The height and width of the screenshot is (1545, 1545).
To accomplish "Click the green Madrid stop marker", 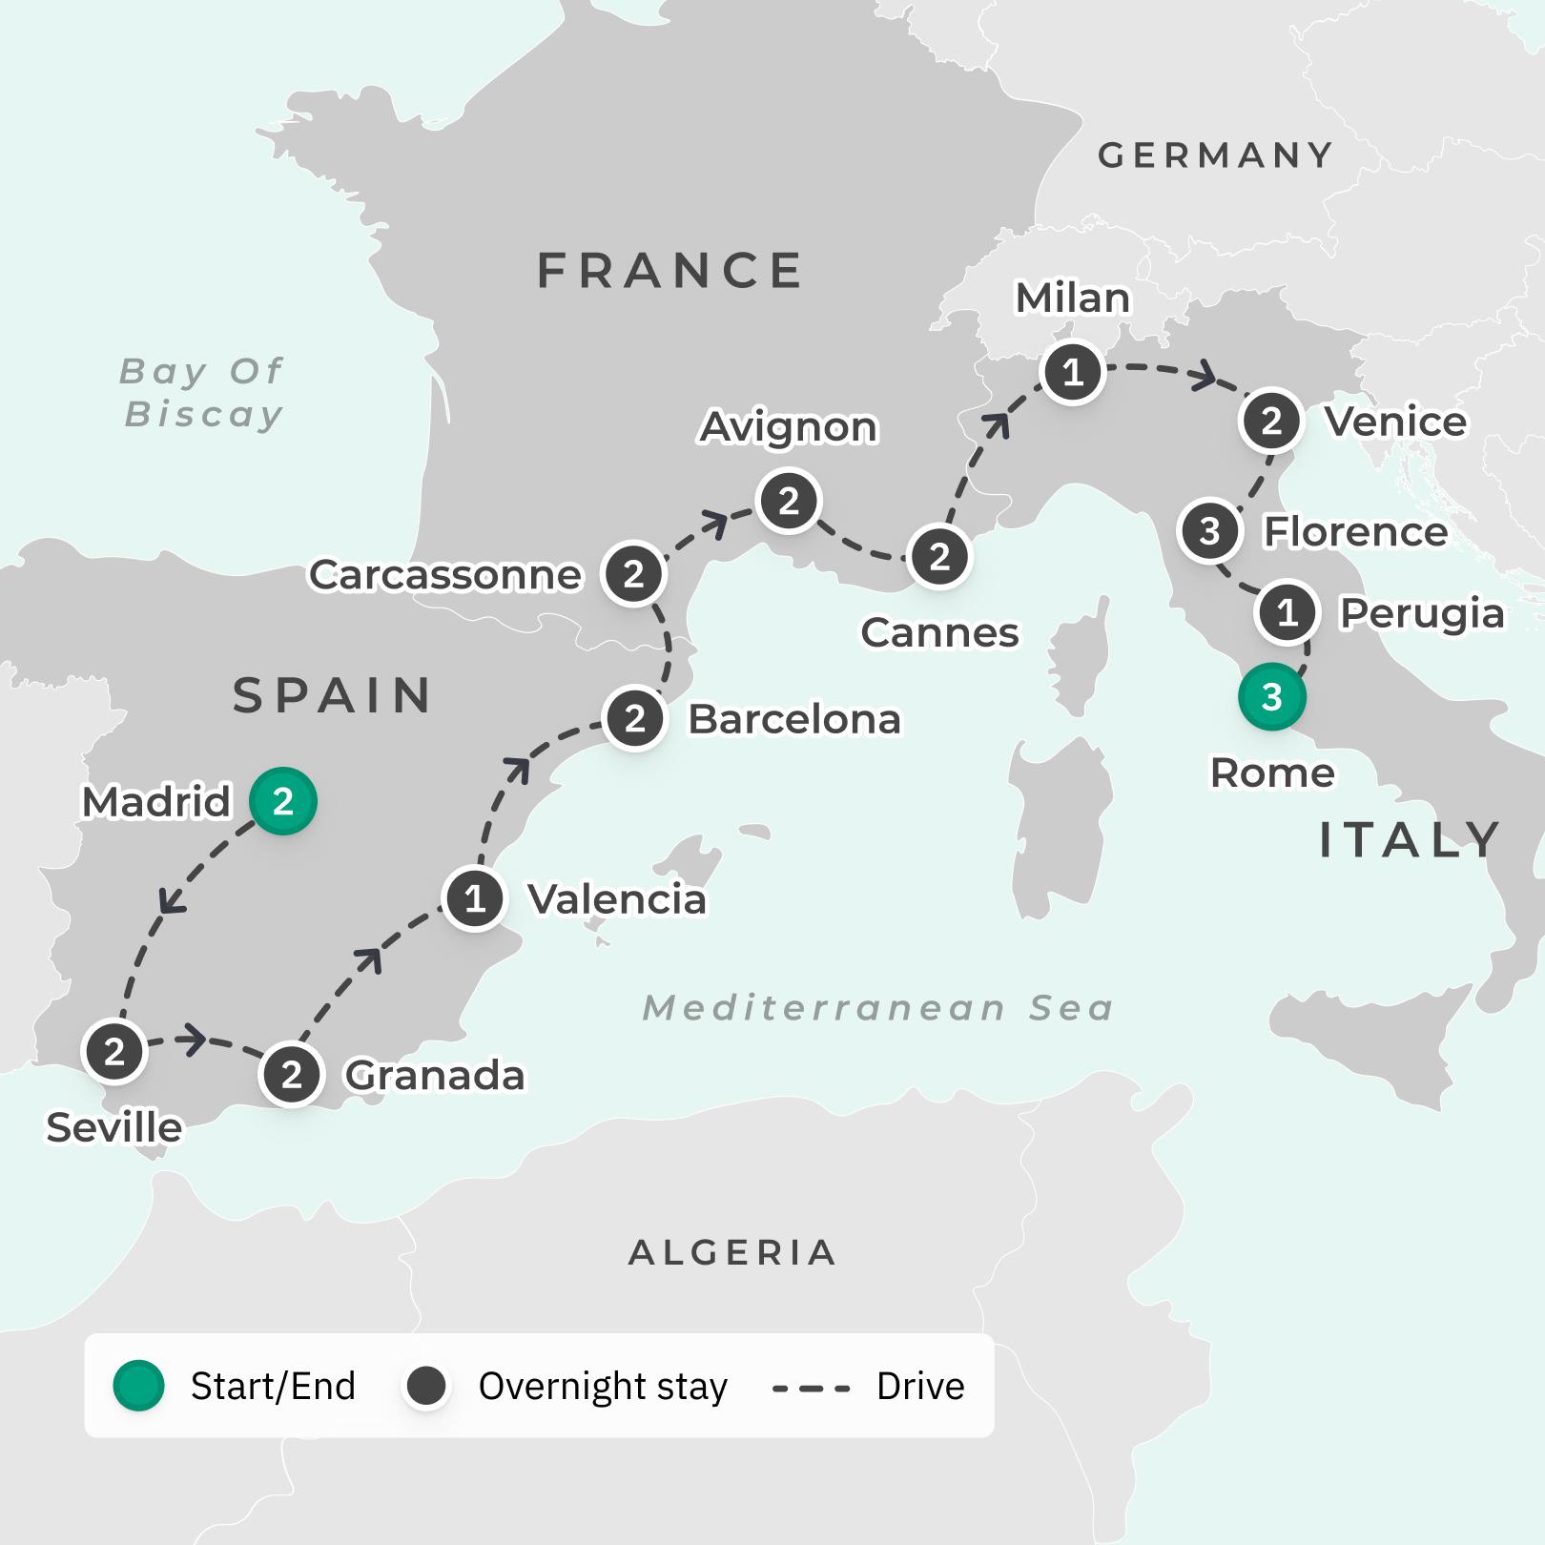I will coord(282,801).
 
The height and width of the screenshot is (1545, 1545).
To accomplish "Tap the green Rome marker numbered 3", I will coord(1271,697).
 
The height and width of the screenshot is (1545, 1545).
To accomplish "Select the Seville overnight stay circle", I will coord(114,1051).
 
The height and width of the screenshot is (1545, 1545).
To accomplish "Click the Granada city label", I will coord(435,1076).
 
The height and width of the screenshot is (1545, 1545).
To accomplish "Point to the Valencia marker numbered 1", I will coord(475,898).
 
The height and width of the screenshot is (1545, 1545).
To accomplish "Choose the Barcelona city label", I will coord(794,719).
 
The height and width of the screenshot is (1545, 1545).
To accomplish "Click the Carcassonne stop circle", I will coord(633,574).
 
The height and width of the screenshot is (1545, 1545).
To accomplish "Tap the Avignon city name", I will coord(788,427).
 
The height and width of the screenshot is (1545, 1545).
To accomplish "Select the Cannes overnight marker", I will coord(939,556).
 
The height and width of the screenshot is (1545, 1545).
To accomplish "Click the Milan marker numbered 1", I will coord(1073,372).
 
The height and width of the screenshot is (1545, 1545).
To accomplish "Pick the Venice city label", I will coord(1396,422).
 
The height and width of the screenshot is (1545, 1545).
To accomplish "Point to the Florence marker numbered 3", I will coord(1209,530).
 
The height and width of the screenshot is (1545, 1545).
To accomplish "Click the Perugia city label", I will coord(1422,613).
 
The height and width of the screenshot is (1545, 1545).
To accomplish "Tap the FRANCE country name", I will coord(670,271).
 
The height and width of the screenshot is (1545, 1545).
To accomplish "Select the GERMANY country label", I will coord(1216,155).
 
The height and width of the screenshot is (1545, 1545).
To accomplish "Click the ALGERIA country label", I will coord(732,1252).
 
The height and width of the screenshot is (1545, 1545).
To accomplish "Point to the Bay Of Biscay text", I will coord(203,392).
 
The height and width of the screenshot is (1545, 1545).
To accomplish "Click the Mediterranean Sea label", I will coord(878,1008).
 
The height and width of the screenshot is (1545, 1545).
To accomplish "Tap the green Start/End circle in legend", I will coord(139,1386).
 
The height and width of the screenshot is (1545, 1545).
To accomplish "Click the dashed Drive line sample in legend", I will coord(811,1388).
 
